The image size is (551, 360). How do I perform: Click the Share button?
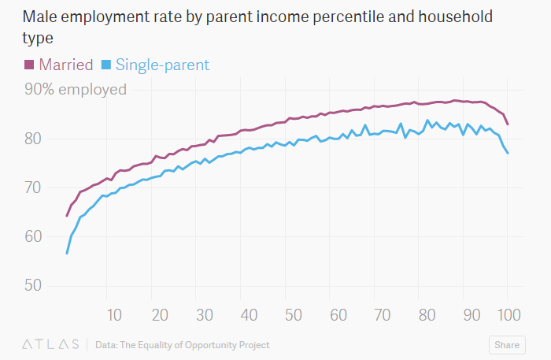click(x=506, y=344)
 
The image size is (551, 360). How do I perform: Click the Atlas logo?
click(x=50, y=344)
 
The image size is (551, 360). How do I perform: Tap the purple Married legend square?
click(x=29, y=65)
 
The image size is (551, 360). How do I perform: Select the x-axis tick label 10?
click(x=114, y=315)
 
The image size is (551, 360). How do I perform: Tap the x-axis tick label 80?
click(x=427, y=315)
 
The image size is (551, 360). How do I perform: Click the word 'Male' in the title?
click(x=39, y=17)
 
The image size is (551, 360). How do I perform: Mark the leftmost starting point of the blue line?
click(x=67, y=254)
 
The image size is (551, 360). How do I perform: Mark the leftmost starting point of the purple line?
click(x=67, y=216)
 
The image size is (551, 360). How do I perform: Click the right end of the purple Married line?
click(x=508, y=124)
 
